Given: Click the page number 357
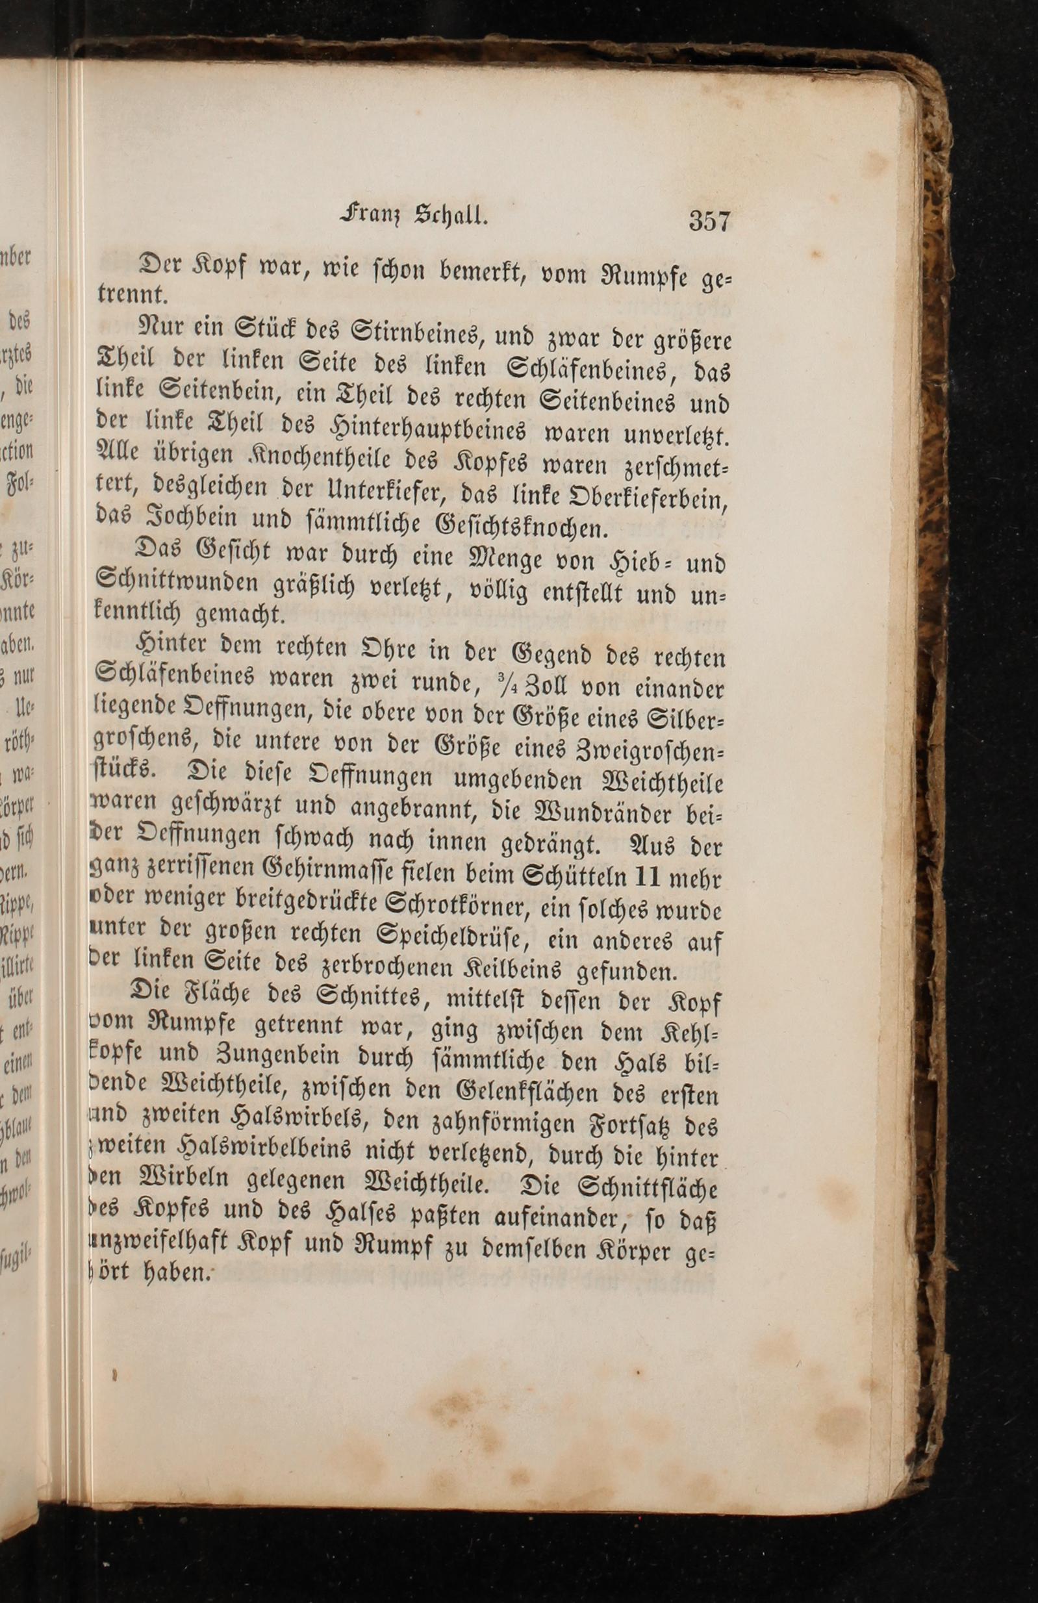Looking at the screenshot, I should pos(709,221).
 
